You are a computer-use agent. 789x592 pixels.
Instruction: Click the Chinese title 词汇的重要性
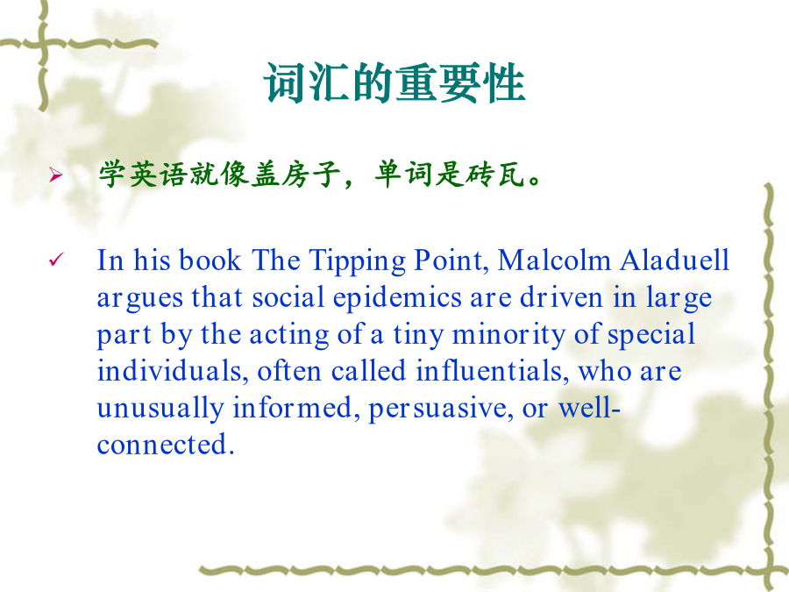394,83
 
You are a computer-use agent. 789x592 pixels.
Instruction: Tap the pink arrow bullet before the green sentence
56,175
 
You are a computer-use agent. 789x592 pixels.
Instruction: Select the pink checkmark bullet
56,260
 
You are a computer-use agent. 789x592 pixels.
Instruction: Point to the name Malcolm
554,260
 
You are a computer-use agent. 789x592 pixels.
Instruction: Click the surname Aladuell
675,260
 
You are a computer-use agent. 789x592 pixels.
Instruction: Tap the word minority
508,336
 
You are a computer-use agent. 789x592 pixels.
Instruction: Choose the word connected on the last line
166,445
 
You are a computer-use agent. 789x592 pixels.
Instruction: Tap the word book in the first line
210,260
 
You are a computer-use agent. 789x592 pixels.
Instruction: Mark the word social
288,297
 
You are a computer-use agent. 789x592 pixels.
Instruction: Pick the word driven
561,297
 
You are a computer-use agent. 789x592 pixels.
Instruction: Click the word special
651,336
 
